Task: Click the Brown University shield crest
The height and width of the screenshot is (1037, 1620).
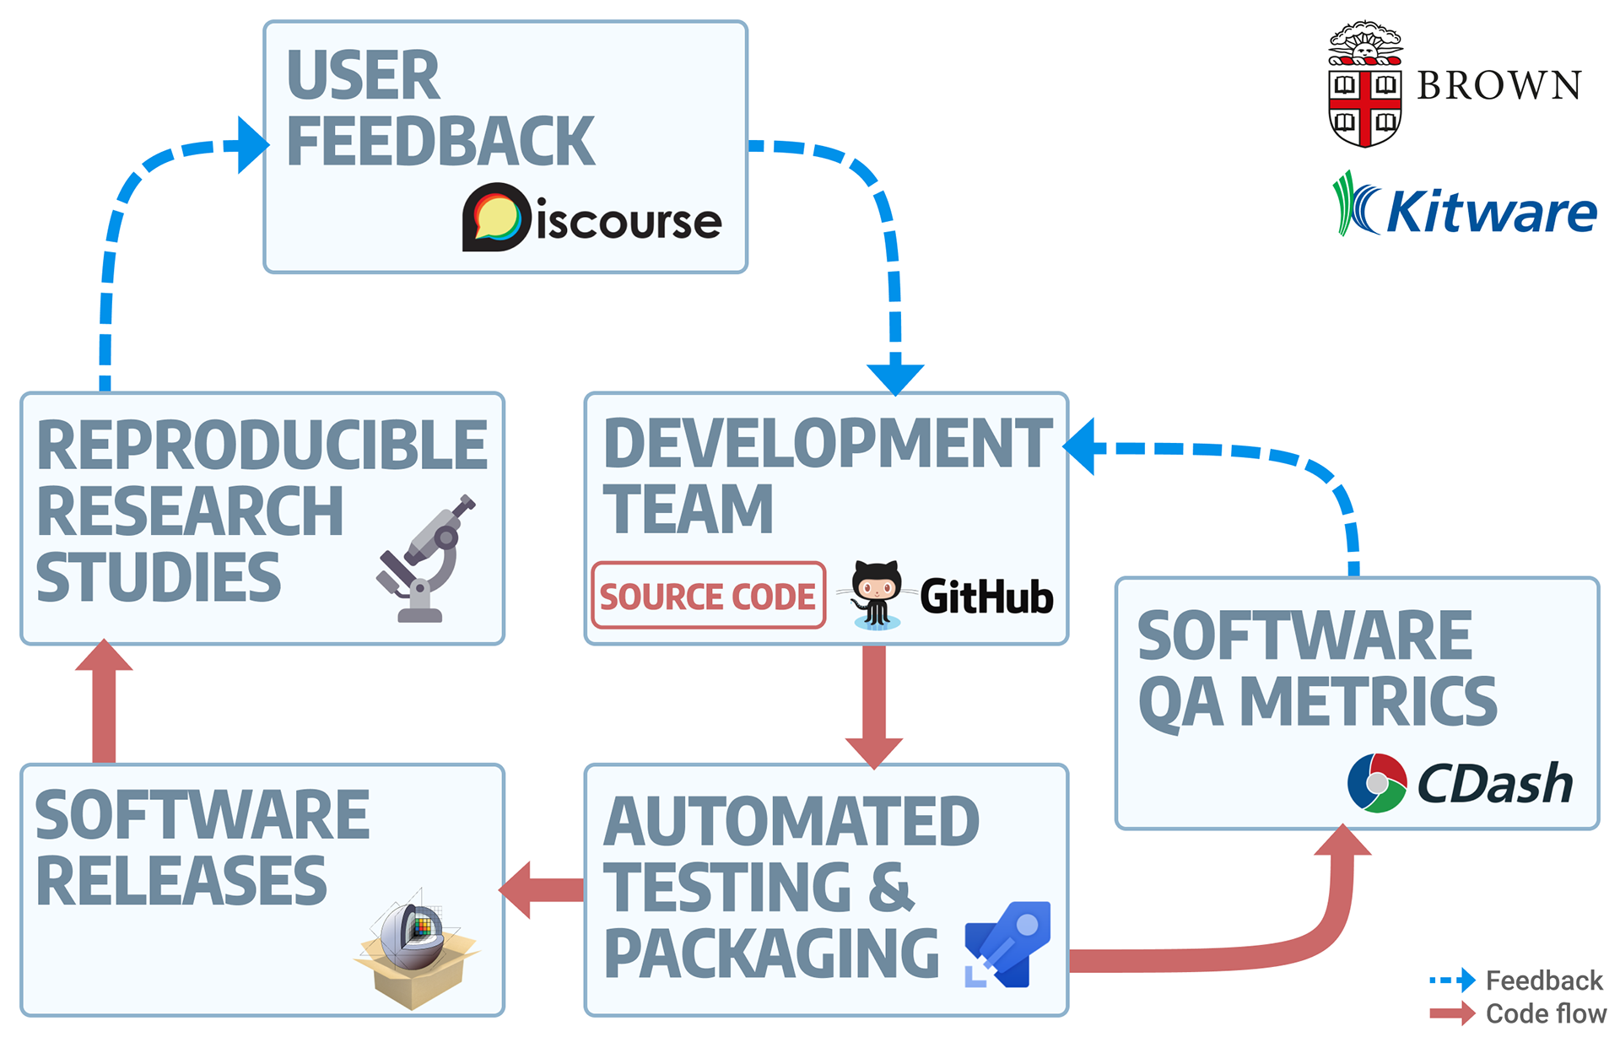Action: coord(1364,86)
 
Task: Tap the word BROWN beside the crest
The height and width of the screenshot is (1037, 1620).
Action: coord(1498,86)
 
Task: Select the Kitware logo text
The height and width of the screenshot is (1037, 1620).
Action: coord(1491,211)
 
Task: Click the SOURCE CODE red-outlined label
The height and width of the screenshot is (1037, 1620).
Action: coord(708,596)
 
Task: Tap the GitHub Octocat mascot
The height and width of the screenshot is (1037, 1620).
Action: coord(877,594)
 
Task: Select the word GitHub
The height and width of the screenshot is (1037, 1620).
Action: coord(986,597)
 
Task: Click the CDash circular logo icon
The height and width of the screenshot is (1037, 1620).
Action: coord(1377,783)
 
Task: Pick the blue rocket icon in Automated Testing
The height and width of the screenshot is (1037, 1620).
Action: coord(1009,944)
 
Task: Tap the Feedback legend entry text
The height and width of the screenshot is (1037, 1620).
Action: coord(1543,980)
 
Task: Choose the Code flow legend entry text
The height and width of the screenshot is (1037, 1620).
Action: coord(1545,1013)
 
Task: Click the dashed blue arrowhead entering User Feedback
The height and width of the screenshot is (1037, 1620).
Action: coord(251,145)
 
